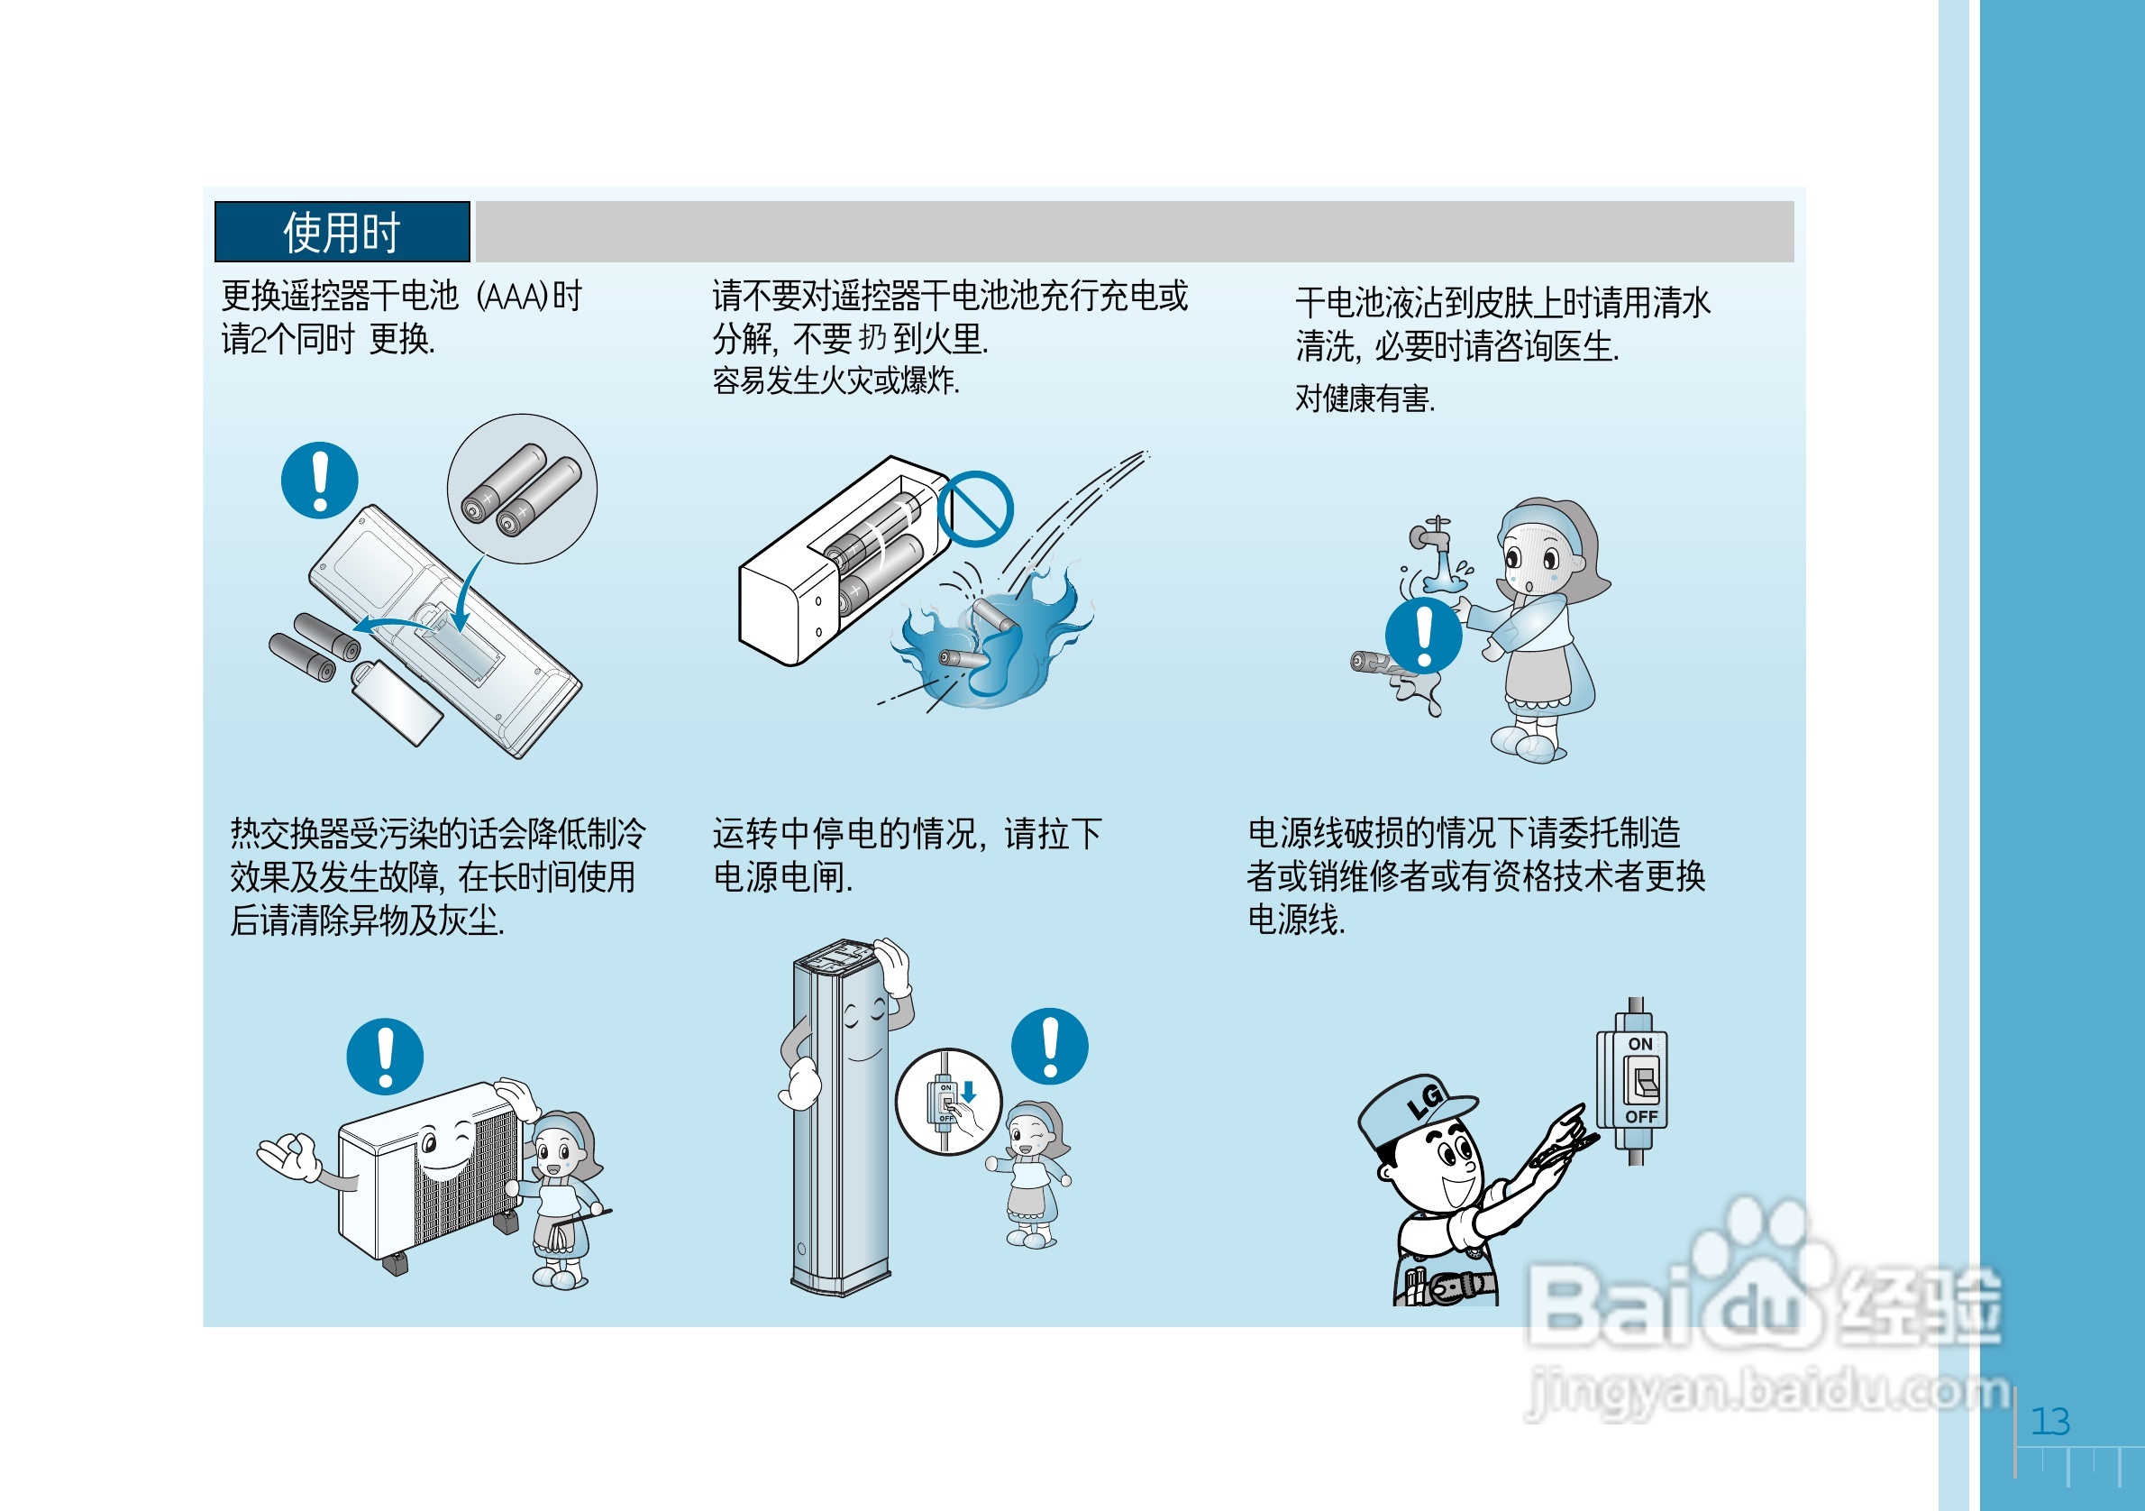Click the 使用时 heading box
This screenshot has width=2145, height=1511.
tap(342, 231)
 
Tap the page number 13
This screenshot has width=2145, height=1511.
tap(2050, 1421)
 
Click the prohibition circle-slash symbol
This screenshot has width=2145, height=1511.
tap(975, 509)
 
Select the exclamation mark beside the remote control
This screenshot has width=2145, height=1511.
tap(320, 481)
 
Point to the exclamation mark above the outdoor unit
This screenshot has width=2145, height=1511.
tap(385, 1056)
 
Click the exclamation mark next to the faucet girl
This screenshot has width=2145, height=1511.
tap(1424, 636)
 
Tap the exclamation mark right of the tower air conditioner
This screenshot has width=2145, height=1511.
tap(1050, 1046)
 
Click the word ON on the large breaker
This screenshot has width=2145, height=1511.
tap(1640, 1044)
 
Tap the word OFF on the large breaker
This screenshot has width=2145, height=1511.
tap(1641, 1117)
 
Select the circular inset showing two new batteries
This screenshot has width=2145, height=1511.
tap(522, 489)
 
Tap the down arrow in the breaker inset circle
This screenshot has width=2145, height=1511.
tap(969, 1092)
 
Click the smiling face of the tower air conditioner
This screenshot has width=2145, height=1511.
tap(865, 1028)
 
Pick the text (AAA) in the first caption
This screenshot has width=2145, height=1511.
tap(511, 297)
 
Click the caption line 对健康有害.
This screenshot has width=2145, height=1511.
tap(1365, 399)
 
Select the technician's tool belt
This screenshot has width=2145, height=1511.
tap(1447, 1287)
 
